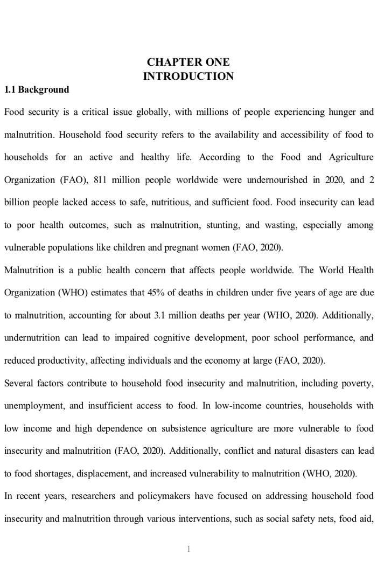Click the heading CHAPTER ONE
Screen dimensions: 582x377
pos(188,62)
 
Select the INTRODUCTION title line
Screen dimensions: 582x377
pos(188,76)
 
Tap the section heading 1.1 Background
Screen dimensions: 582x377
pos(37,89)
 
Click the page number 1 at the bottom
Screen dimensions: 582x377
pos(188,549)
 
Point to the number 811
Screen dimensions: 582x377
pos(101,180)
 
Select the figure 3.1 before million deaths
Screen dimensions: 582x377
pos(160,316)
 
